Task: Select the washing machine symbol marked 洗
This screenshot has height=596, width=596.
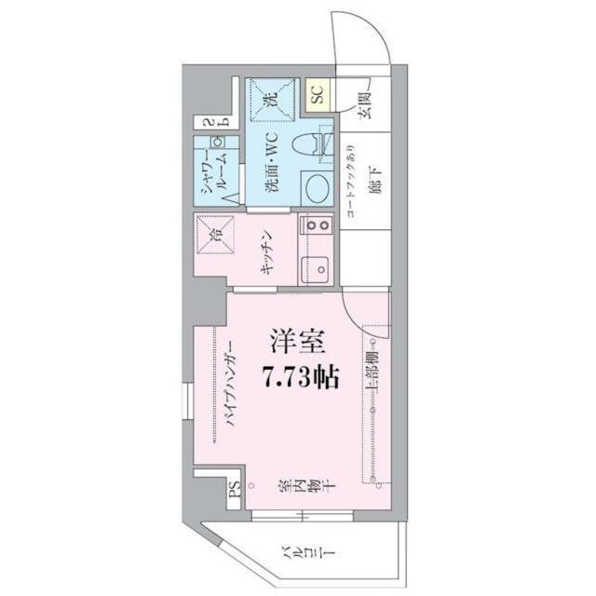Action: (272, 99)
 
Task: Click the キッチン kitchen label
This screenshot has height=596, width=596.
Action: (267, 251)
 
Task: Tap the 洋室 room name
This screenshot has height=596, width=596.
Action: (298, 342)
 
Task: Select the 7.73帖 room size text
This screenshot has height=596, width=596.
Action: (301, 377)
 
